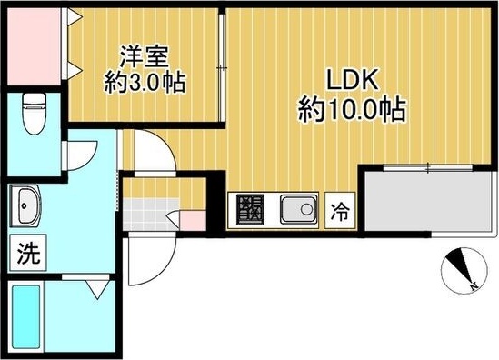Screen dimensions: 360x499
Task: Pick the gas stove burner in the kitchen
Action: click(250, 212)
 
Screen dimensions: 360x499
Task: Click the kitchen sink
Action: click(296, 212)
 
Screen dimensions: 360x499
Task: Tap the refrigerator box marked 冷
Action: click(339, 213)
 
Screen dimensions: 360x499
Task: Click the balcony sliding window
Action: click(427, 168)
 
